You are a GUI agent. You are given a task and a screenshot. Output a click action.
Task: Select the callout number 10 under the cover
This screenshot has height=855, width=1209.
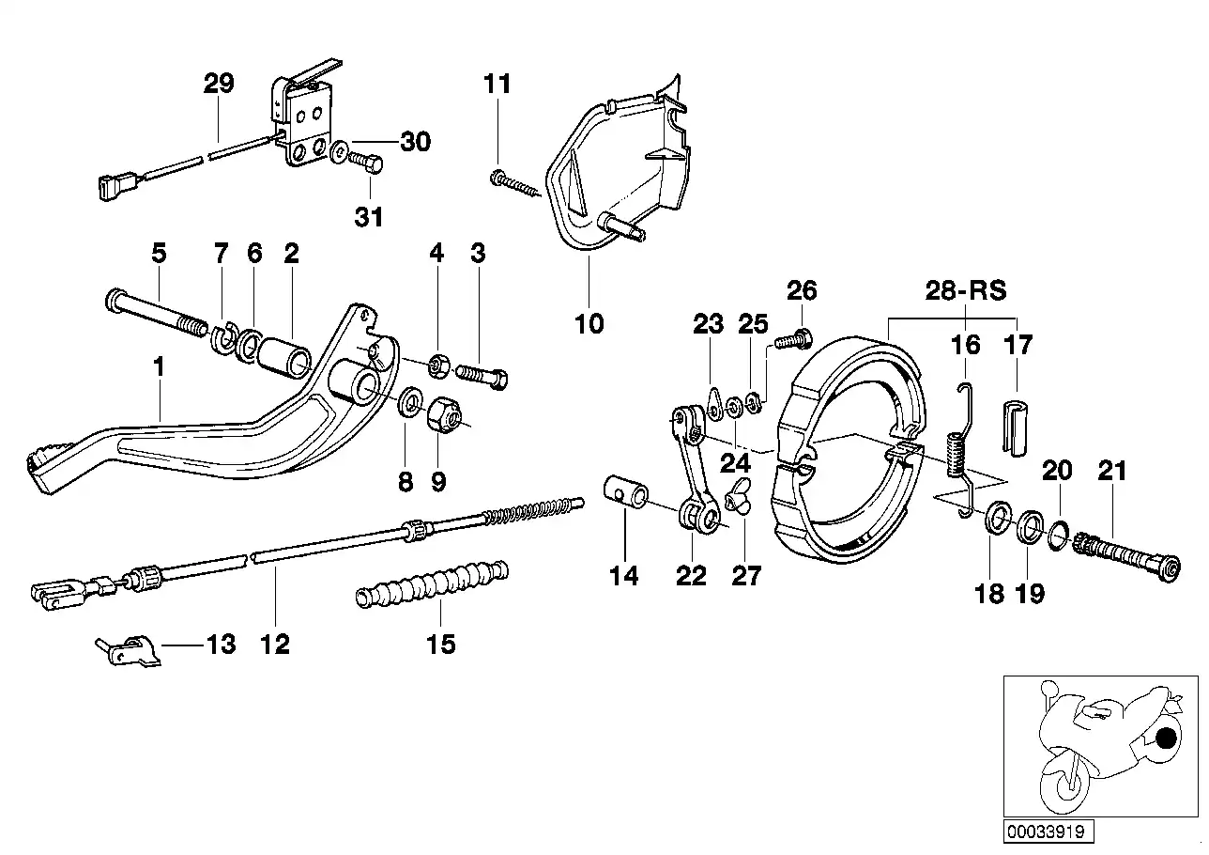pos(589,325)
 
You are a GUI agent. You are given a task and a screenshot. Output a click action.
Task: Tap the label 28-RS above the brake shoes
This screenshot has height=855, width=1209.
pos(965,290)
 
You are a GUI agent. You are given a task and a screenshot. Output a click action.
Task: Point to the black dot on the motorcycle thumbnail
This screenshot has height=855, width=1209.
pos(1167,738)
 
